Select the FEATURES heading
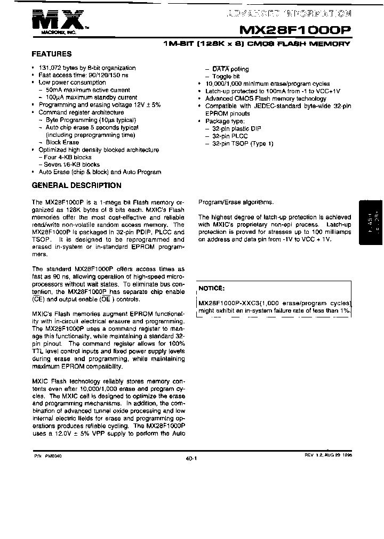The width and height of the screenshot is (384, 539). coord(52,54)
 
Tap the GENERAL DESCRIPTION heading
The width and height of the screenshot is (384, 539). coord(77,186)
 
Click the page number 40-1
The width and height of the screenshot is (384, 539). coord(192,458)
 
